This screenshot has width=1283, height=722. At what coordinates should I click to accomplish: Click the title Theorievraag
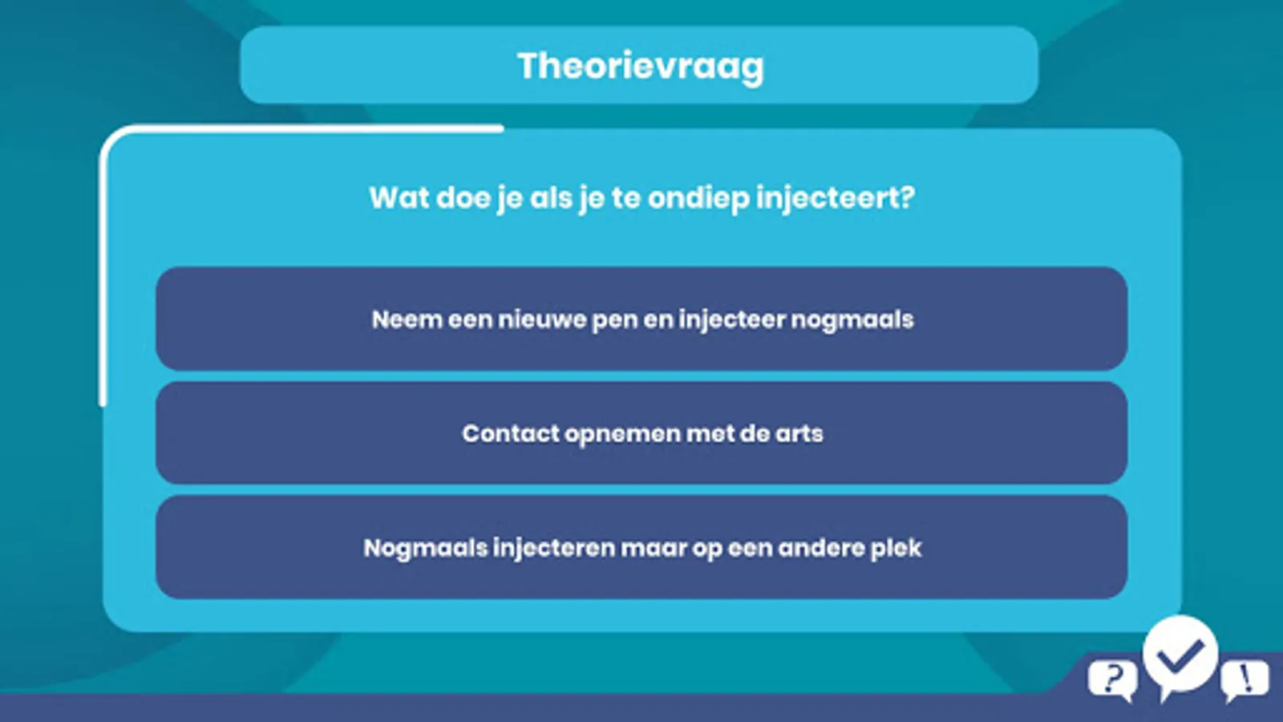641,67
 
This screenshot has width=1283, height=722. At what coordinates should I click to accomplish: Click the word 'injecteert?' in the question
836,199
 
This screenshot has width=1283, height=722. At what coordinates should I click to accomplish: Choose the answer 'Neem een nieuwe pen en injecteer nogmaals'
641,318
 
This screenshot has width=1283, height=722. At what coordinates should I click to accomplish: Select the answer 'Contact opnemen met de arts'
641,433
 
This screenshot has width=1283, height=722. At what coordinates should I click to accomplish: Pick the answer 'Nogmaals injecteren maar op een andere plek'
641,547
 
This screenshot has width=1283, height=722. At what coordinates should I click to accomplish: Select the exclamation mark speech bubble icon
1245,681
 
